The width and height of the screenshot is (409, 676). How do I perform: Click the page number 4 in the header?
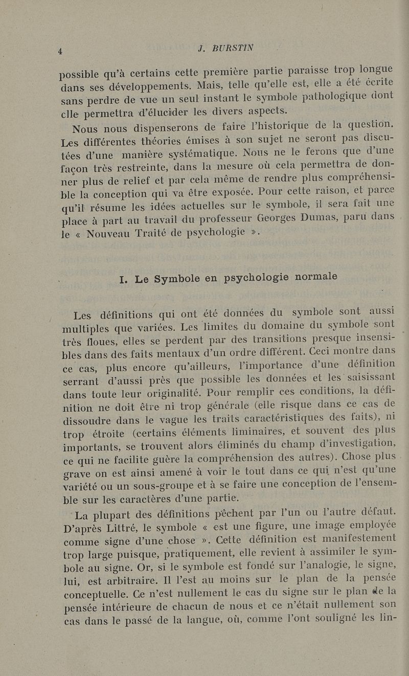[x=60, y=50]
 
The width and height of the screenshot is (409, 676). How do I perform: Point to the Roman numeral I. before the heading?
[x=123, y=279]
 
